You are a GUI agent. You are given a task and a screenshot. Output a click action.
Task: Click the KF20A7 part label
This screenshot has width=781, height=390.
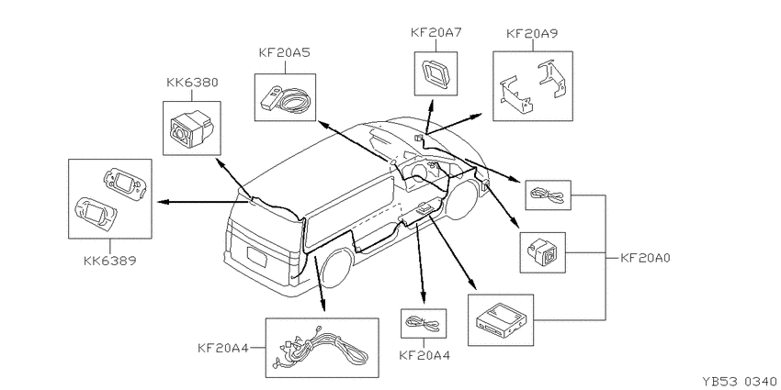436,33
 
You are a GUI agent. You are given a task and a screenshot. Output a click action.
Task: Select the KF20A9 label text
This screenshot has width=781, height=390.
532,33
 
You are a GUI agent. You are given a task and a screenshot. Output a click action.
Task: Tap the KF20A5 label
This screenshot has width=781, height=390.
285,52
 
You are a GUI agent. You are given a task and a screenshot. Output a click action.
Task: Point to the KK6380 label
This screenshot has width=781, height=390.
192,82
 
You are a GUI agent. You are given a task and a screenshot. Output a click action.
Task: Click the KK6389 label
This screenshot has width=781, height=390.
109,261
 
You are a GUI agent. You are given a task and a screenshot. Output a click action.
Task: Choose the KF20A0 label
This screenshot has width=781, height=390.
646,258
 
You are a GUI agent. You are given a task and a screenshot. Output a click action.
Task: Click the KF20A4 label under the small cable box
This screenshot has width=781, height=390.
424,355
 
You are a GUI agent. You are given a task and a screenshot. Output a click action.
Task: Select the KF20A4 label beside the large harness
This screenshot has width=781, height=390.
222,348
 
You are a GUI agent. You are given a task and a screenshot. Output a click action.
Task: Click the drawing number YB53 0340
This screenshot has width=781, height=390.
739,382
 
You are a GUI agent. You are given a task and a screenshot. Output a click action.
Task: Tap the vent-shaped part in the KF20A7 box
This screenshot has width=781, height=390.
436,73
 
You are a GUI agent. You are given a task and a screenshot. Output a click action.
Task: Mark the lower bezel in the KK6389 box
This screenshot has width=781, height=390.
96,215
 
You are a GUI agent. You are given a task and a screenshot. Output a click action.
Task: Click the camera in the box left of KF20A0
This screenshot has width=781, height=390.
543,251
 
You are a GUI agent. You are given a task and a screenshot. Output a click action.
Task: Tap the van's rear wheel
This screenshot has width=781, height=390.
339,269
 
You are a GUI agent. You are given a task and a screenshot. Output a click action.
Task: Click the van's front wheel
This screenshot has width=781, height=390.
462,199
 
